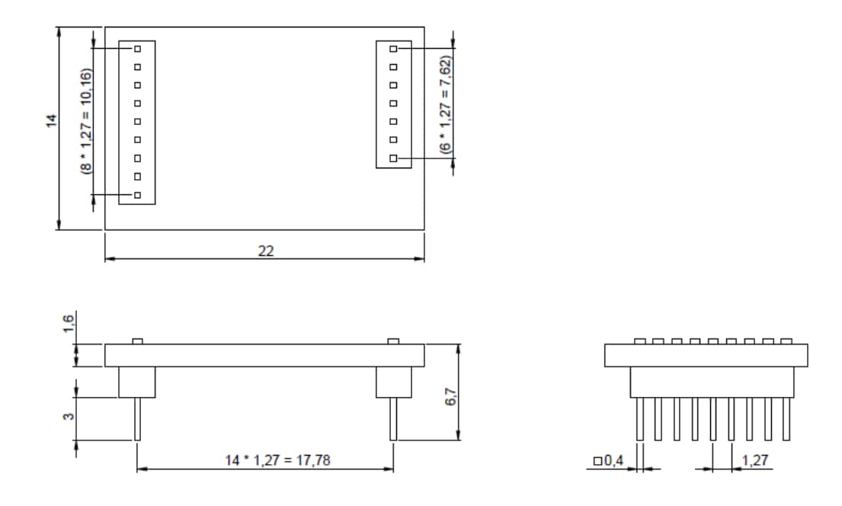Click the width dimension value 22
[265, 251]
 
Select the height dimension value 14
[51, 120]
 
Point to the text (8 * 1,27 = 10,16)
[86, 121]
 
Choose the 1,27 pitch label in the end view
[754, 460]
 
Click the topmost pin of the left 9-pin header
[137, 48]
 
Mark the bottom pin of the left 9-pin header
[137, 196]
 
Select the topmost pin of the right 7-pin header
[393, 48]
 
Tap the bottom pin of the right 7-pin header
[393, 159]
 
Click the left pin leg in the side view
[137, 418]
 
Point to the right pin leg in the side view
[393, 418]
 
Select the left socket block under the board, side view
[137, 382]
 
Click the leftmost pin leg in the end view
[640, 418]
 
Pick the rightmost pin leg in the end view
[787, 418]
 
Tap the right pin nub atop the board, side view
[393, 341]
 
